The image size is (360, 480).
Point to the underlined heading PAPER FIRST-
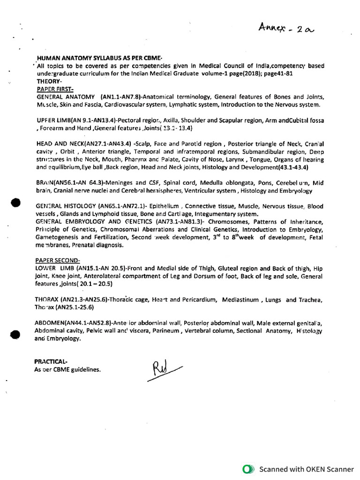pos(55,89)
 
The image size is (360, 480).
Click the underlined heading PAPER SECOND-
pos(58,260)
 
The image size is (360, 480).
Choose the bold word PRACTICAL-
pos(51,361)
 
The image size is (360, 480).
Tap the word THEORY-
pos(49,81)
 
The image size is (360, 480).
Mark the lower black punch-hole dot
pos(15,334)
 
